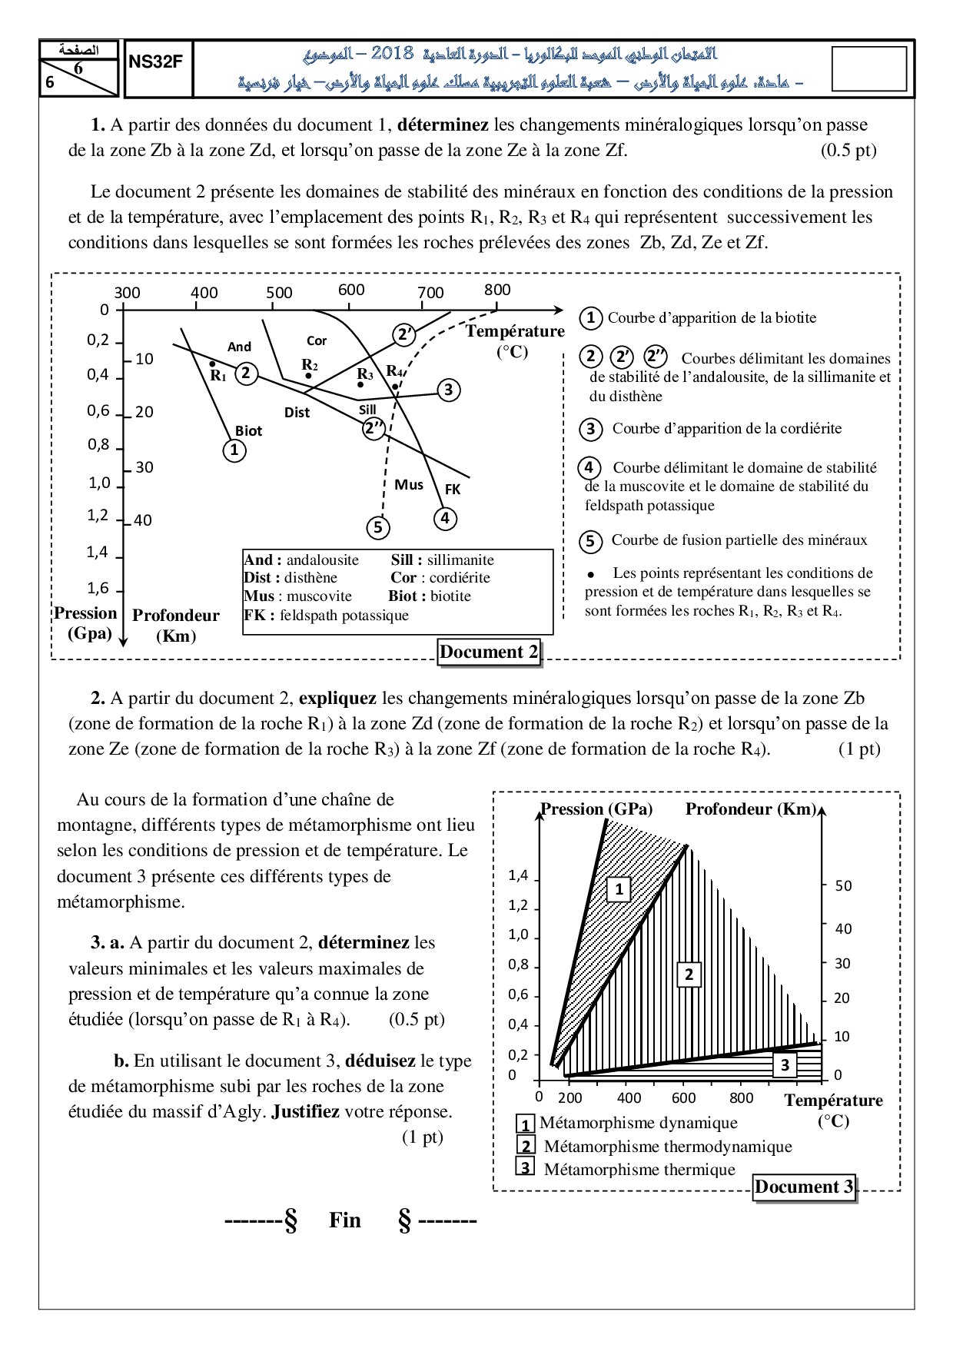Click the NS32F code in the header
156,62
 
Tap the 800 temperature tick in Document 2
497,290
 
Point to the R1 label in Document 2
218,376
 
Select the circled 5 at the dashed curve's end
377,527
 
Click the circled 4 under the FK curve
445,518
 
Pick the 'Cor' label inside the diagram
317,340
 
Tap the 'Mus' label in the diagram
409,484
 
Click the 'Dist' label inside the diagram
297,413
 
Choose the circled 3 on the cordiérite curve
449,390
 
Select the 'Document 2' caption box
489,652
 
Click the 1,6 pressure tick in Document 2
98,589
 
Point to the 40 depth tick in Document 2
143,520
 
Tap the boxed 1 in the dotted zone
619,889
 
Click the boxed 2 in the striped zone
689,974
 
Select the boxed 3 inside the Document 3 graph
785,1065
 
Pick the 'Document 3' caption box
804,1187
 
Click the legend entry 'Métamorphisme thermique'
639,1169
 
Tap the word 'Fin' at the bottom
344,1220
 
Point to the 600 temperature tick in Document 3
683,1097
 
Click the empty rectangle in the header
869,68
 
